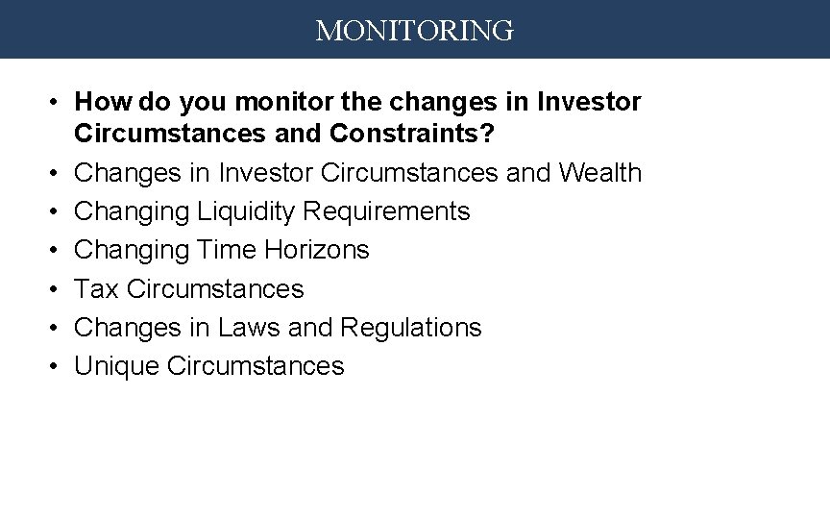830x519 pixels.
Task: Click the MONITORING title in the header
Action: (x=415, y=31)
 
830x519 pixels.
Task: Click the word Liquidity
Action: (x=246, y=211)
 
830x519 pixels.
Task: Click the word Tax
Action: (x=96, y=288)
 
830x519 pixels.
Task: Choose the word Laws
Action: (x=250, y=327)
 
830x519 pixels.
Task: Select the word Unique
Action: (x=116, y=366)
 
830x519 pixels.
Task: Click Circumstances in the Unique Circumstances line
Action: (x=255, y=366)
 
